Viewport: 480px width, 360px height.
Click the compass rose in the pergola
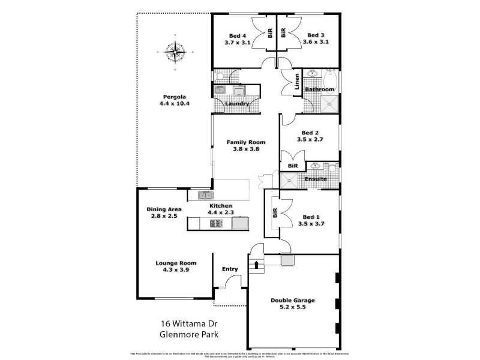(x=176, y=52)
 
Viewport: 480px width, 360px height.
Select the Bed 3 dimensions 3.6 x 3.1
(x=315, y=43)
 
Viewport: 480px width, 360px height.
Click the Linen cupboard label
(x=297, y=84)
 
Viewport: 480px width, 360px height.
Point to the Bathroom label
(x=319, y=89)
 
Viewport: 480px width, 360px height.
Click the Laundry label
(x=237, y=104)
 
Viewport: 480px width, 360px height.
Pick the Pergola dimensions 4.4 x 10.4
(x=175, y=104)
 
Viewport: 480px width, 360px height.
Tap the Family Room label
(x=246, y=142)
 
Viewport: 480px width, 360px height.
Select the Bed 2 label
(x=310, y=133)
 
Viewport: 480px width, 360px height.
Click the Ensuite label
(x=316, y=179)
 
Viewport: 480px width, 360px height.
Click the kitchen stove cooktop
(x=216, y=223)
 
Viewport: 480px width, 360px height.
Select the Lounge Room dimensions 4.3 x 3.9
(x=176, y=271)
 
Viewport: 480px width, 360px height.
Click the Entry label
(x=230, y=269)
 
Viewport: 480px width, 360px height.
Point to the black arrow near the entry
(x=257, y=263)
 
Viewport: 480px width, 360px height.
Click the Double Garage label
(x=293, y=300)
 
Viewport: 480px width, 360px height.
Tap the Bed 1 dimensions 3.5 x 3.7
(x=311, y=224)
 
